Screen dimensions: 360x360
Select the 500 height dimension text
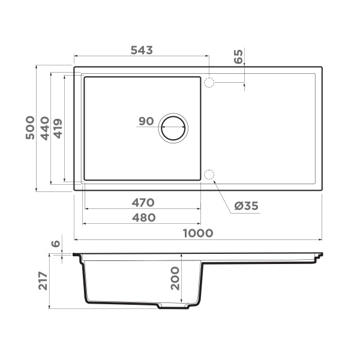pyautogui.click(x=30, y=128)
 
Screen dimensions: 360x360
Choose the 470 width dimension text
pyautogui.click(x=143, y=202)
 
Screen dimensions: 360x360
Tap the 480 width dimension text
pyautogui.click(x=143, y=217)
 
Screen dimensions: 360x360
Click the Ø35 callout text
pyautogui.click(x=246, y=206)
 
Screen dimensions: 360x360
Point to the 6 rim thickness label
pyautogui.click(x=56, y=244)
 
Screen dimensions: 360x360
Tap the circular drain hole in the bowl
pyautogui.click(x=173, y=127)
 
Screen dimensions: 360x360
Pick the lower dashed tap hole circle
pyautogui.click(x=209, y=175)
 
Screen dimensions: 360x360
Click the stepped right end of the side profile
pyautogui.click(x=317, y=258)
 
